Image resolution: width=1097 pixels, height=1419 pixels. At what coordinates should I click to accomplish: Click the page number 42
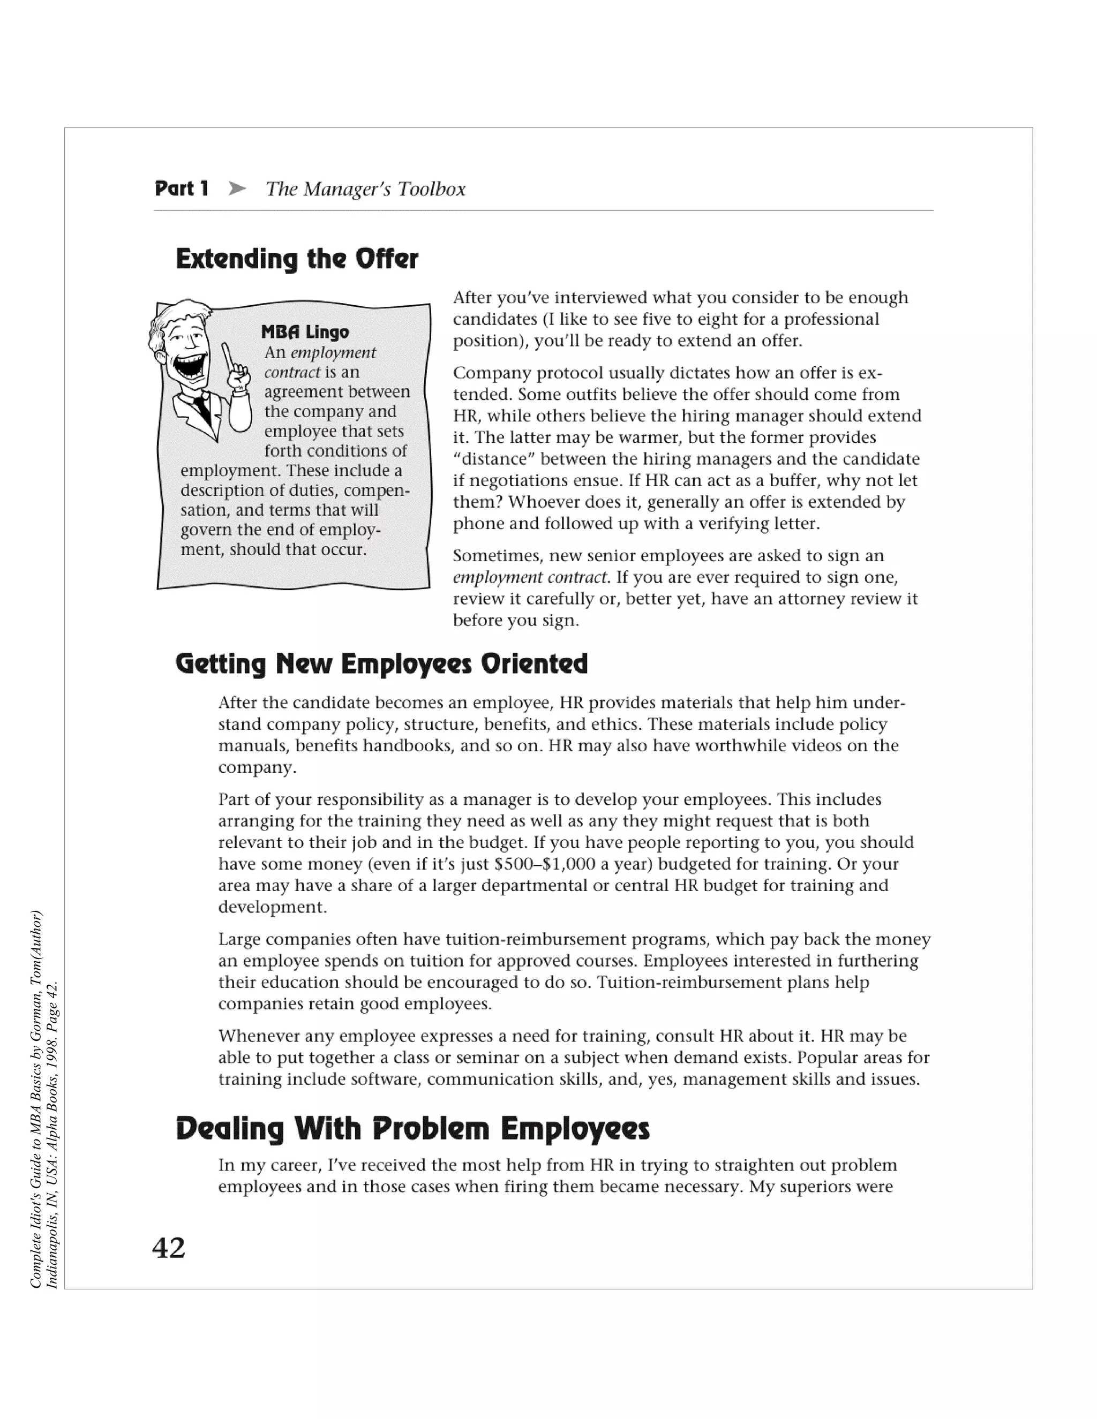coord(169,1247)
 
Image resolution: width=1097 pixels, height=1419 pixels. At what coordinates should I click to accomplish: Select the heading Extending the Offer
coord(297,259)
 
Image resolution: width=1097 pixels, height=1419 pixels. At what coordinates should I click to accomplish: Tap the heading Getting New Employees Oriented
coord(381,664)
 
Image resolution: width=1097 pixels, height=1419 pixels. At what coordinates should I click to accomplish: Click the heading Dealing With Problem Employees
coord(412,1129)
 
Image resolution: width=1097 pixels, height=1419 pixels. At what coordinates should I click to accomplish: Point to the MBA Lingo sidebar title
coord(305,332)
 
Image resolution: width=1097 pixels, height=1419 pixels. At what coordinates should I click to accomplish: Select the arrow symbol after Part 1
coord(238,189)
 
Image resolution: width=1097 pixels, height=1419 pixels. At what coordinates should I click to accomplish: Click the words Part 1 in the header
coord(182,189)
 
